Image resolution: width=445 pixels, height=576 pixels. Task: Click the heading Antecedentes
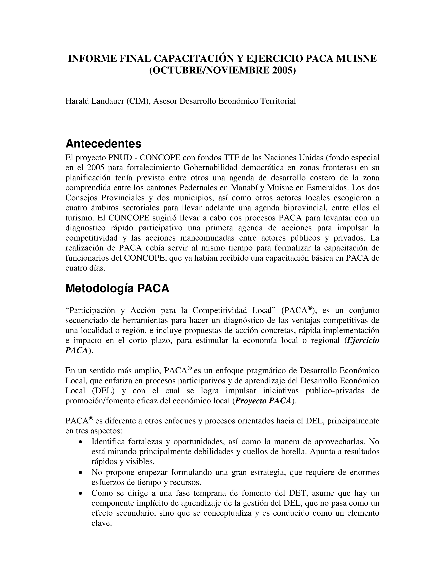[x=103, y=144]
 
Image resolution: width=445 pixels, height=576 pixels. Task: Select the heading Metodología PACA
[x=117, y=288]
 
